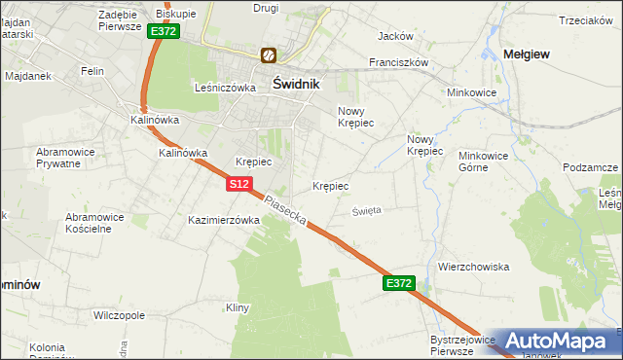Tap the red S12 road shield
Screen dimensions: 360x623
(241, 183)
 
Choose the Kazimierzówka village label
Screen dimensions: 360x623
(224, 220)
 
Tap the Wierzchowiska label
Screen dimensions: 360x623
(474, 266)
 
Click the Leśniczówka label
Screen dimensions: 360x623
(225, 87)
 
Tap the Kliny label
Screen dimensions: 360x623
(238, 307)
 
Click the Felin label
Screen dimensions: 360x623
(92, 71)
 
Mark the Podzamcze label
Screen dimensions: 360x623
(590, 167)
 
